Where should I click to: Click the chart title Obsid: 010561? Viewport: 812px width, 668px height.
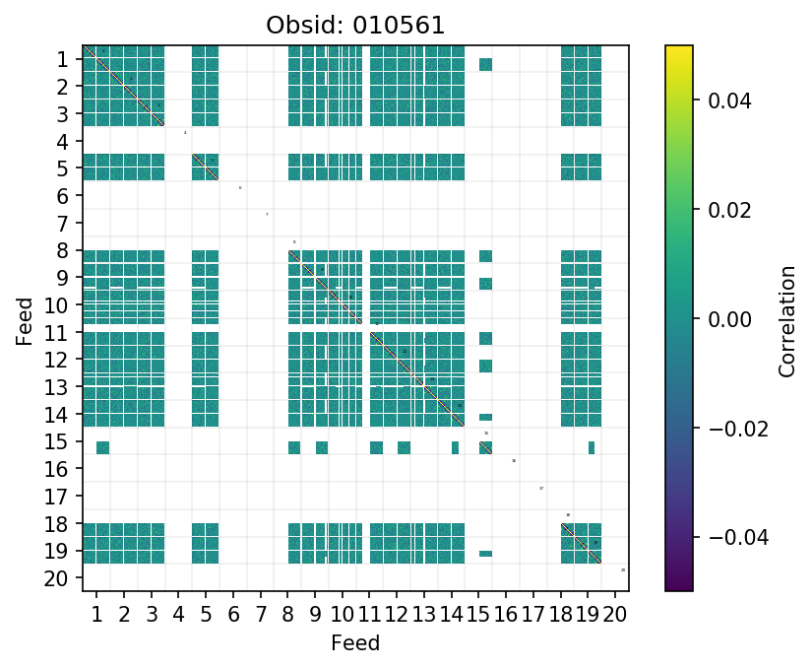[x=355, y=26]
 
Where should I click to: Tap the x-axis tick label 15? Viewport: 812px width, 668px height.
[x=477, y=616]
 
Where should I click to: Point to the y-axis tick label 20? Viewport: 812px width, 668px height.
[x=57, y=578]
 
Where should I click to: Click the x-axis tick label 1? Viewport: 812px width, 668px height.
[x=96, y=616]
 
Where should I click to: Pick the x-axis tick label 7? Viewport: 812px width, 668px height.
[x=260, y=616]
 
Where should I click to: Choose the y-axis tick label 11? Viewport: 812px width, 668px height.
[x=57, y=333]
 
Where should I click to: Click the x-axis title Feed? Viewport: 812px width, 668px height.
[x=355, y=643]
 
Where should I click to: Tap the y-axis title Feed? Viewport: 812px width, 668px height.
[x=25, y=320]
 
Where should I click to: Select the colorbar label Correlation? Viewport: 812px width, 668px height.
[x=786, y=319]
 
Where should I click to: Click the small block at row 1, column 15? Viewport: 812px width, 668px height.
[x=485, y=65]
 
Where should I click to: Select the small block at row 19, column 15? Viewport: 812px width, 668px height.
[x=485, y=554]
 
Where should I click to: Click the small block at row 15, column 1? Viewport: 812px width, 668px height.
[x=102, y=447]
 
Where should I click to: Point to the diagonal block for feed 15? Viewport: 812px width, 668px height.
[x=485, y=447]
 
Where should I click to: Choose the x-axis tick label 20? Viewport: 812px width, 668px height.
[x=615, y=616]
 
